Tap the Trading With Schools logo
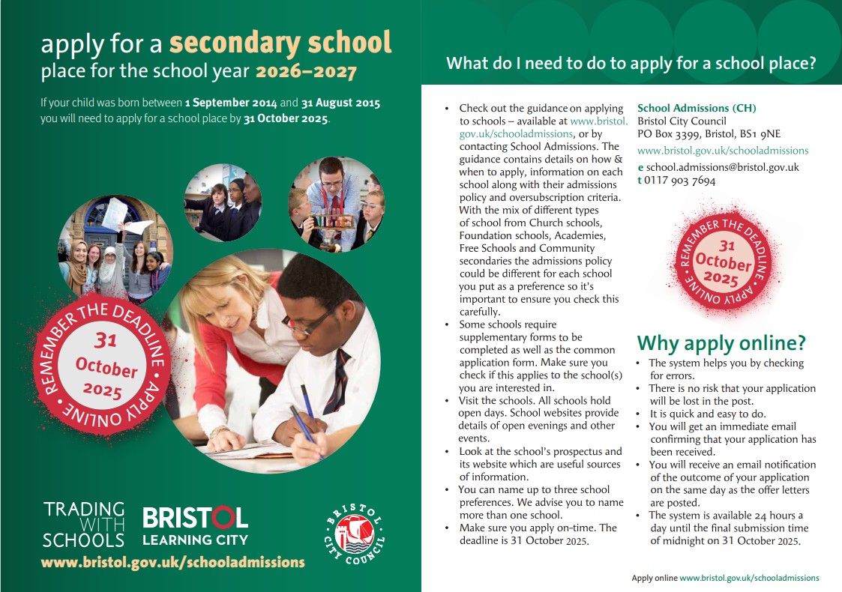[x=83, y=525]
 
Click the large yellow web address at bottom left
[x=173, y=562]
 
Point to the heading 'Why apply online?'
[x=721, y=343]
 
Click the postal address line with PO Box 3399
[x=709, y=133]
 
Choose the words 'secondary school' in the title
[x=280, y=43]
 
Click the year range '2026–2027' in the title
[x=306, y=73]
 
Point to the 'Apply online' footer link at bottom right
[x=725, y=578]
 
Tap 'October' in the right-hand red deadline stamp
[x=723, y=263]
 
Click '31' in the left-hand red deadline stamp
[x=106, y=341]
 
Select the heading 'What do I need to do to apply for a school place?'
[x=631, y=63]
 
